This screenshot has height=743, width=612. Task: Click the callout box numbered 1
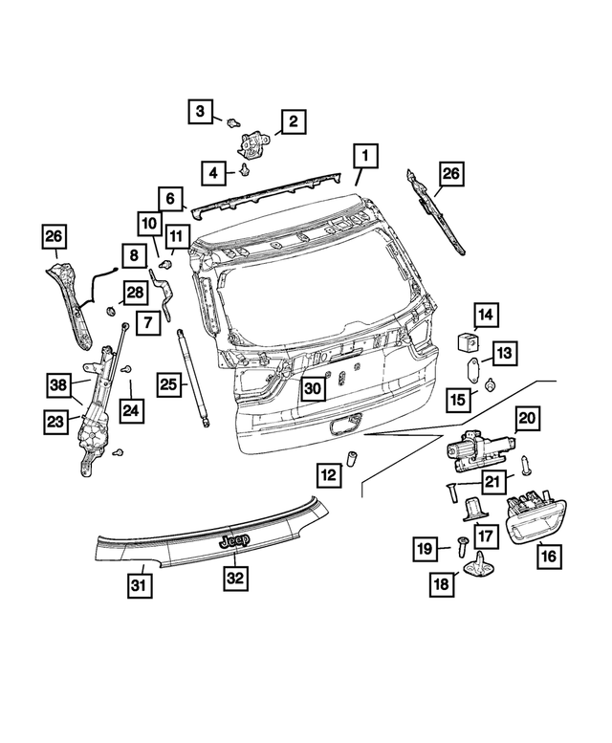pos(363,155)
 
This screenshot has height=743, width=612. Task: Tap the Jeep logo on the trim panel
pos(233,541)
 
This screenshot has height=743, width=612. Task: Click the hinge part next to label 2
pos(252,142)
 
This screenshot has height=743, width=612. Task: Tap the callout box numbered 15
pos(459,397)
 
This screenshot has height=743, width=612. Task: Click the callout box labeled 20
pos(528,418)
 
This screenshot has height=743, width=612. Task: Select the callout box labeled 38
pos(57,386)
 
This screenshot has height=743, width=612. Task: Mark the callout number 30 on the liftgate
pos(312,387)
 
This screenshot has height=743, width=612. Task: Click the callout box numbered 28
pos(133,291)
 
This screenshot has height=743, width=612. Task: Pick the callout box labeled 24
pos(131,411)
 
